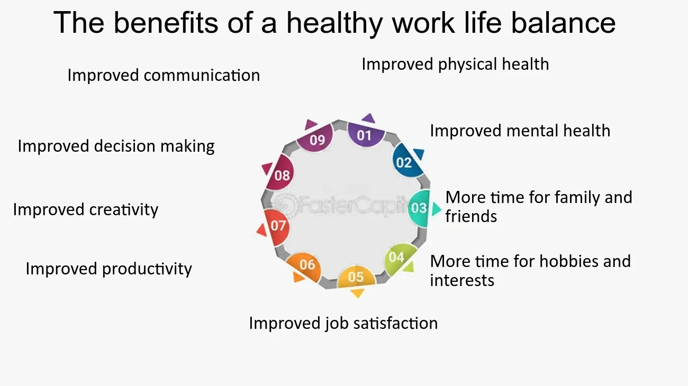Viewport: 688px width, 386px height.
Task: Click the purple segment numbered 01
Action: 365,134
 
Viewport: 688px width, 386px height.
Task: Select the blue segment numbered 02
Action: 405,161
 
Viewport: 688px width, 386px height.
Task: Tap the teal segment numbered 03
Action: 419,208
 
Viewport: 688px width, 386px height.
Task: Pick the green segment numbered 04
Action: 397,258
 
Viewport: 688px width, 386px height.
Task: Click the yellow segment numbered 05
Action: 356,276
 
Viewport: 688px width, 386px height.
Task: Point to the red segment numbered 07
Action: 277,226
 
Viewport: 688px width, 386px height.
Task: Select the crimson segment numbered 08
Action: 281,174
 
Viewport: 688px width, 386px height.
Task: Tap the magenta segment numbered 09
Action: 316,139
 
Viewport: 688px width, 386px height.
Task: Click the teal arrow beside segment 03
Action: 436,209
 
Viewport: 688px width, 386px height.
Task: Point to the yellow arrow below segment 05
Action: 357,293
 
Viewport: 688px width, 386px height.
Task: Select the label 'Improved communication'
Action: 164,75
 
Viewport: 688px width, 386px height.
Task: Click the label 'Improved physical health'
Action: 455,65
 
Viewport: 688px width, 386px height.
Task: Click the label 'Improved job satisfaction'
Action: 343,323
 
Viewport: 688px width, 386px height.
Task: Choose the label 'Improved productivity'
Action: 108,269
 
